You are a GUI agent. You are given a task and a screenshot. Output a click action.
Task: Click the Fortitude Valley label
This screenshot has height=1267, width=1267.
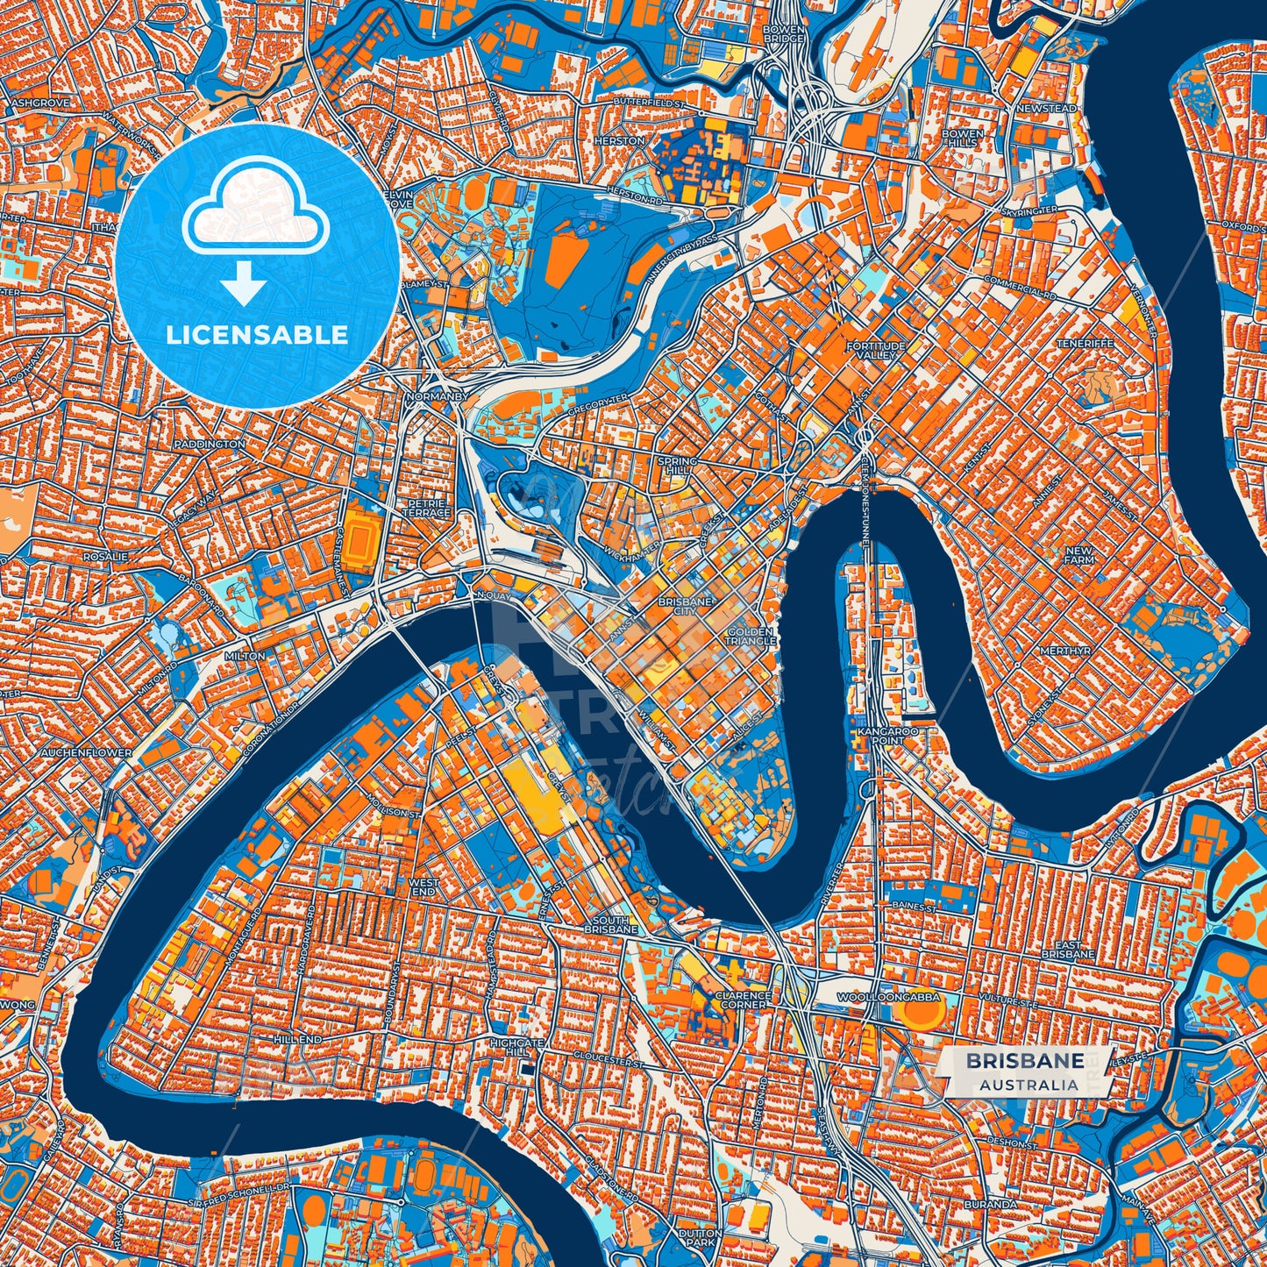tap(876, 351)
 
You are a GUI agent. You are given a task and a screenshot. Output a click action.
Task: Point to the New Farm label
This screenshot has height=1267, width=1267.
tap(1078, 554)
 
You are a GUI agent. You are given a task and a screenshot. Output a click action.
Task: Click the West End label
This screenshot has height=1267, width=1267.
tap(424, 886)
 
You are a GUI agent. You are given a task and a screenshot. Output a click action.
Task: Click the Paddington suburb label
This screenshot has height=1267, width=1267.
tap(210, 445)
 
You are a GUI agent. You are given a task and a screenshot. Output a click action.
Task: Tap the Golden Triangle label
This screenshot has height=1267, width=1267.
tap(750, 636)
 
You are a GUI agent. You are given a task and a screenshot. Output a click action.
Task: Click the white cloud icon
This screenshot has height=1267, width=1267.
tap(255, 210)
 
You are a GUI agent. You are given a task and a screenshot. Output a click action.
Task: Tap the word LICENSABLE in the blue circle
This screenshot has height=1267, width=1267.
tap(257, 335)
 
